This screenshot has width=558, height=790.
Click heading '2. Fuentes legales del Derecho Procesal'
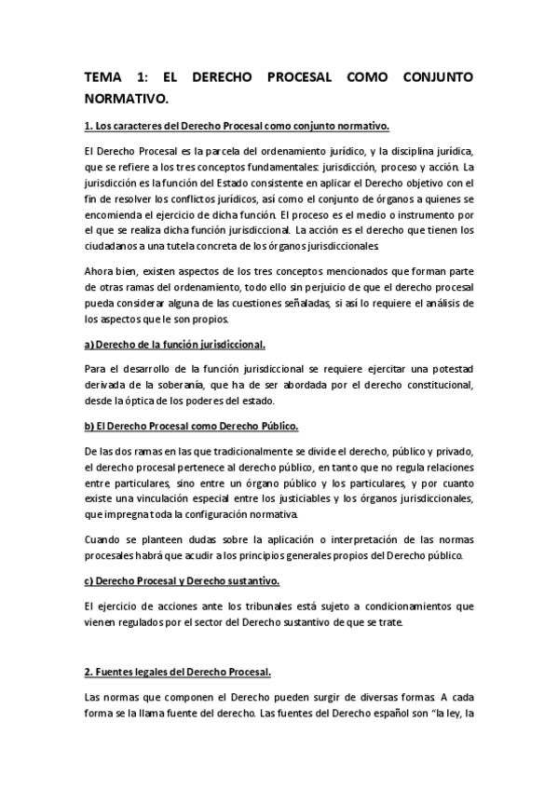pos(177,672)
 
